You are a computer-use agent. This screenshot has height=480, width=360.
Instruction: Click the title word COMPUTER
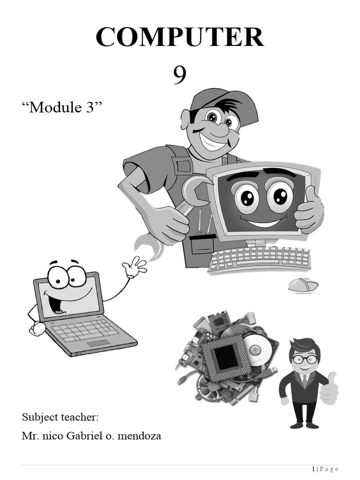pos(180,37)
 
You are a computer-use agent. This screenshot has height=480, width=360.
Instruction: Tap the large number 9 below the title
pos(180,75)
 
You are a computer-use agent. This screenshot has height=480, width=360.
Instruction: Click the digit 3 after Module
pos(90,107)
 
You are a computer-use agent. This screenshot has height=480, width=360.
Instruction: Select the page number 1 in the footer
pos(313,469)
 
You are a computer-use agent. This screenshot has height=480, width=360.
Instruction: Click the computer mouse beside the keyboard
pos(303,285)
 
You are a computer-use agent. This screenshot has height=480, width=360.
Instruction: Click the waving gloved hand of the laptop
pos(134,267)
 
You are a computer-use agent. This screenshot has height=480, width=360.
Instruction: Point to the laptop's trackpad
pos(98,343)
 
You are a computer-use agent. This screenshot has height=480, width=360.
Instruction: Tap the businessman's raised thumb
pos(332,378)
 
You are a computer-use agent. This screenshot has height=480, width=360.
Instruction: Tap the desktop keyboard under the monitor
pos(259,259)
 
